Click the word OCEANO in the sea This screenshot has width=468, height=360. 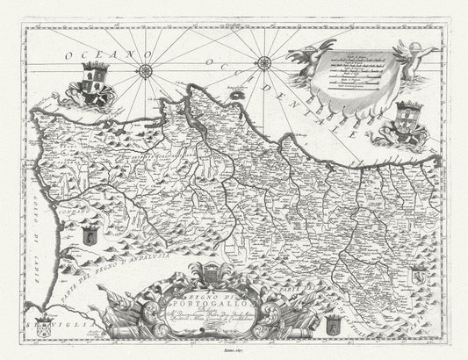99,58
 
